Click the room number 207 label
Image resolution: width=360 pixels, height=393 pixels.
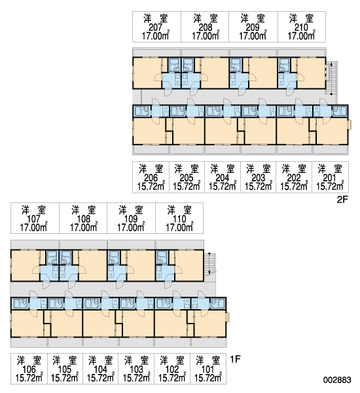[x=156, y=27]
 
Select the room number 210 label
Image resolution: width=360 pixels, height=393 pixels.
[x=301, y=27]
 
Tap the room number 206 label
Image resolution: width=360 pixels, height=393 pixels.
[x=151, y=178]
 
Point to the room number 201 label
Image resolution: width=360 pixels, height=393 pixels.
[x=330, y=178]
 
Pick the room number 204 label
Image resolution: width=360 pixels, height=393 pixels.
[x=222, y=178]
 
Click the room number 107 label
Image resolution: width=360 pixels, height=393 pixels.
[x=33, y=219]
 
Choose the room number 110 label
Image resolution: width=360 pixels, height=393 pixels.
[x=179, y=219]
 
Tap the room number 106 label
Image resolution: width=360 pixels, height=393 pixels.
[x=29, y=369]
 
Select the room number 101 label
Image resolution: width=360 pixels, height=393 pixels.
[x=207, y=369]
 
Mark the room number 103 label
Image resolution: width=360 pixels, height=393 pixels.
[x=136, y=369]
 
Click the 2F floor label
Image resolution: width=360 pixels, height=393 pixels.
[x=342, y=200]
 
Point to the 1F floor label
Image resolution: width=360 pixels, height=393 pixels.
[x=235, y=359]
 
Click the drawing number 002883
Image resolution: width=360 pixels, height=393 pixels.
[x=337, y=380]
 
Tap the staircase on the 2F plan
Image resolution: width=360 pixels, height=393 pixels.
[x=331, y=78]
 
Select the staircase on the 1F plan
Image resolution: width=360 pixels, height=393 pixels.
[x=209, y=265]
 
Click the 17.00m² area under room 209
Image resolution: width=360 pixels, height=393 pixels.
[x=253, y=36]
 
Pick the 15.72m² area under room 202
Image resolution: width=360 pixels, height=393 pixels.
[x=294, y=186]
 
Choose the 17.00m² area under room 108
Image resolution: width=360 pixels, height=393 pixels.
[x=83, y=227]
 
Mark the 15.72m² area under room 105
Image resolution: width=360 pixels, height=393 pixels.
[x=65, y=378]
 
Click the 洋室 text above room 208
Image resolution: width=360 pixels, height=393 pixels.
[x=206, y=18]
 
